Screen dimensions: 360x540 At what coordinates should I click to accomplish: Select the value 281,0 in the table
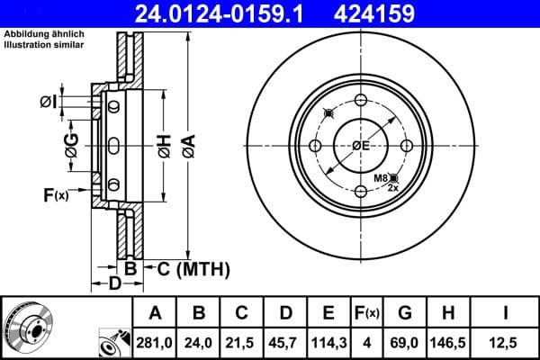click(x=155, y=343)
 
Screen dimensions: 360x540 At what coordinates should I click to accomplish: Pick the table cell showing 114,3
click(x=328, y=343)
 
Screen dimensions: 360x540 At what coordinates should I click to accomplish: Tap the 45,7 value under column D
click(x=285, y=343)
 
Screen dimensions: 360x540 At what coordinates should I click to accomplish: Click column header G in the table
click(x=406, y=313)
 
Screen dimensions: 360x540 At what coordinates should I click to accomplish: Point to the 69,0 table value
click(x=406, y=343)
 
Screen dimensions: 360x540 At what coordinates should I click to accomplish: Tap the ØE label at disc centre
click(x=361, y=146)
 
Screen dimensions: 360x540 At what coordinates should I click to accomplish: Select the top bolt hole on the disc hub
click(x=361, y=101)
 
